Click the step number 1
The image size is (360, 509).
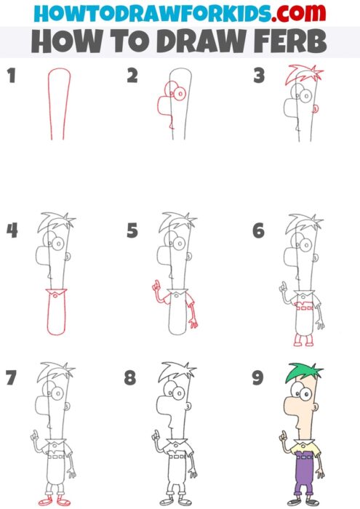point(11,76)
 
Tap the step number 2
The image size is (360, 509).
point(132,76)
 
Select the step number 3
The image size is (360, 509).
point(257,76)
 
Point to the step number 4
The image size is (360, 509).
point(12,231)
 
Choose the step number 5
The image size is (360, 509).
point(132,231)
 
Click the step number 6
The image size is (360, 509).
point(258,231)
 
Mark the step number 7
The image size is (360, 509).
point(10,379)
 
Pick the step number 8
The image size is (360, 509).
point(131,379)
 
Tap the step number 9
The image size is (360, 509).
point(257,379)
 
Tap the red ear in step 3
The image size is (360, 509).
point(316,108)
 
